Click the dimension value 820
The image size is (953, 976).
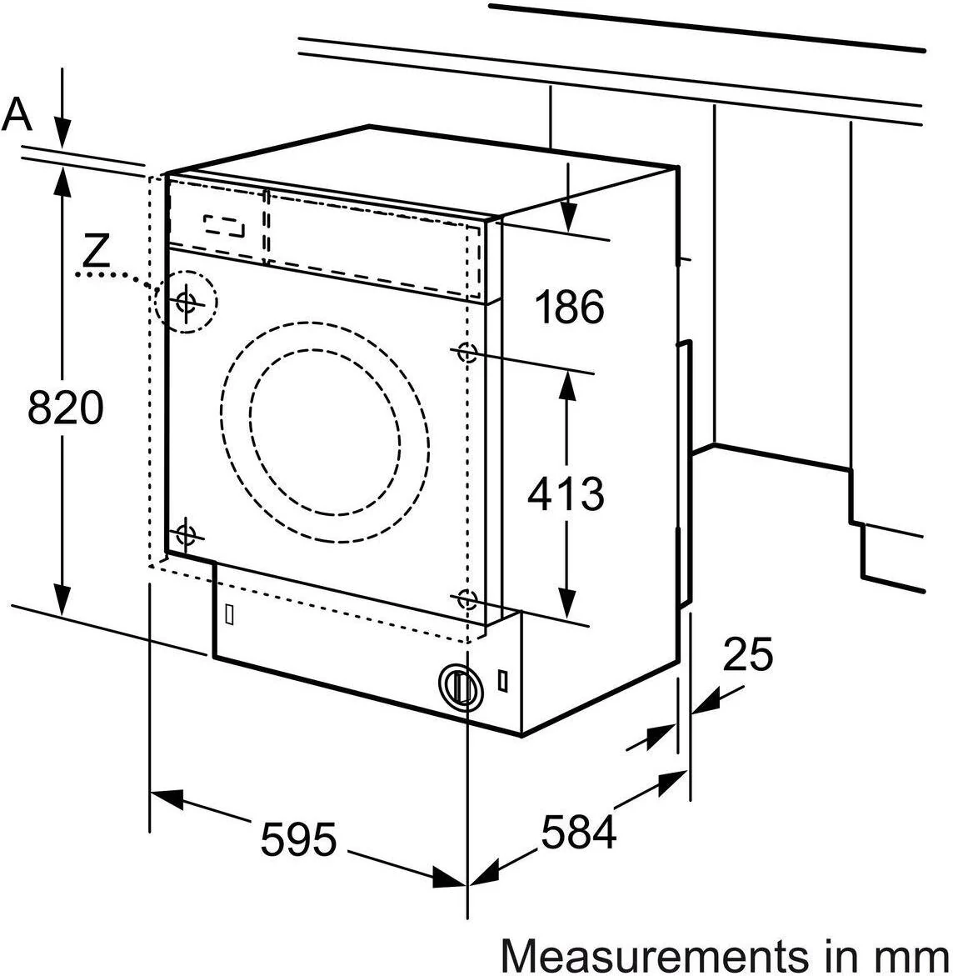coord(65,408)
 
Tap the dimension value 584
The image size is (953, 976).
coord(579,831)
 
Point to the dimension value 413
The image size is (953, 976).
coord(566,493)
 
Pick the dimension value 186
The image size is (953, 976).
coord(568,308)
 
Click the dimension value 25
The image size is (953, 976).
coord(747,654)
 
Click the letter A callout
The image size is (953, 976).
coord(17,114)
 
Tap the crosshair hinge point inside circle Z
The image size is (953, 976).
coord(186,302)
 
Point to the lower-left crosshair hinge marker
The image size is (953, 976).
coord(186,533)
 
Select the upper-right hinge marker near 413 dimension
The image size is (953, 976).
coord(467,353)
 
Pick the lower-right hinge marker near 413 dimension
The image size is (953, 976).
coord(467,598)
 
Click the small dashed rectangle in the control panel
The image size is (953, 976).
coord(225,225)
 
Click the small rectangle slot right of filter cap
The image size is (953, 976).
coord(502,679)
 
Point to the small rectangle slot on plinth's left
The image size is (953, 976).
coord(229,614)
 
